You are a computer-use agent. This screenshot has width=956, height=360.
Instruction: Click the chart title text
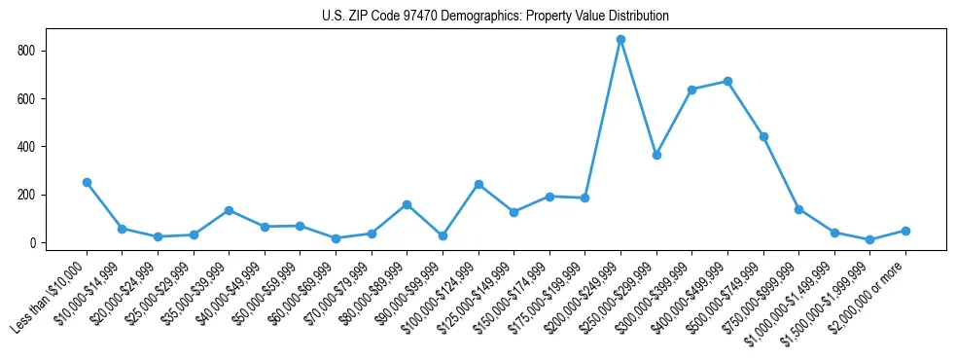point(495,17)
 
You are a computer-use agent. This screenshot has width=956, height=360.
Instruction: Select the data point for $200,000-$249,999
point(620,40)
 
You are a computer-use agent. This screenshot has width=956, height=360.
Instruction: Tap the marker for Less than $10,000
point(87,182)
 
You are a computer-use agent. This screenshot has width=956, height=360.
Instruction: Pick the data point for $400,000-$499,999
point(727,82)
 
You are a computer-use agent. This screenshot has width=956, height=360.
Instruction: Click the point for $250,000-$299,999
point(656,155)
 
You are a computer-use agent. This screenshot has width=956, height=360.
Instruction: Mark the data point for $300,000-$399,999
point(691,90)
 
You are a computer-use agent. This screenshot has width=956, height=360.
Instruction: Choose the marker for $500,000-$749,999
point(763,136)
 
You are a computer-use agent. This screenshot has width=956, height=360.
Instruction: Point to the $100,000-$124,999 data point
point(478,184)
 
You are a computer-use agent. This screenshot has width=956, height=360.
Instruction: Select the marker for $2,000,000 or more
point(905,231)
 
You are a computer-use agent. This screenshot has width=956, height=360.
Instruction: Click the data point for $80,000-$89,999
point(407,204)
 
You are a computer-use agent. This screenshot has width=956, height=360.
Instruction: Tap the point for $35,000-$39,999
point(229,210)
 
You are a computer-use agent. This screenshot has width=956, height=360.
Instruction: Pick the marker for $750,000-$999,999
point(798,209)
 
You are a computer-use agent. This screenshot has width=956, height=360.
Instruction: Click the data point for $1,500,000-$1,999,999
point(869,239)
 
